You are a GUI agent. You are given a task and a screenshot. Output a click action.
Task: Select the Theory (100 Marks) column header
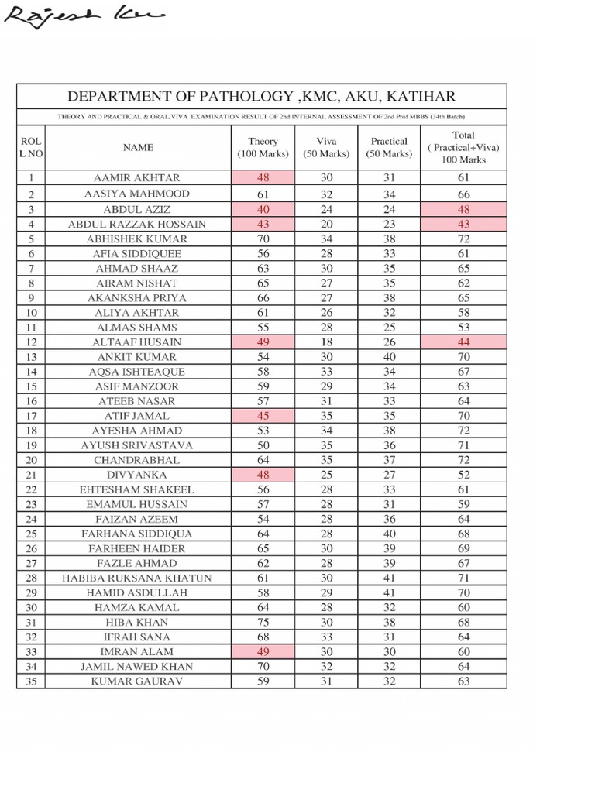pos(263,147)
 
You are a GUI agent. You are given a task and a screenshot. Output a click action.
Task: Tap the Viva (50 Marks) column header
pos(326,147)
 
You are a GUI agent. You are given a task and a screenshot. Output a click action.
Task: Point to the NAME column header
pos(138,147)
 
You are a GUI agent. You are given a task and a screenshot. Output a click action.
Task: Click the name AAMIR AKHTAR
pos(138,178)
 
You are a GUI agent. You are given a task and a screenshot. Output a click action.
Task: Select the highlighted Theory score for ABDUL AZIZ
pos(263,209)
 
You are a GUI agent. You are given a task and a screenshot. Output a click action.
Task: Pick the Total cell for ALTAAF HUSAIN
pos(463,342)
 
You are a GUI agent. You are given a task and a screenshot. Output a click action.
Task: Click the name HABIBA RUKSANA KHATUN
pos(138,578)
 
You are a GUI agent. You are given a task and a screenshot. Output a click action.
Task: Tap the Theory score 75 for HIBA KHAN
pos(263,622)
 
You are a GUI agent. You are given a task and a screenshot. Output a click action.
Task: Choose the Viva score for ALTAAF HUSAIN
pos(326,342)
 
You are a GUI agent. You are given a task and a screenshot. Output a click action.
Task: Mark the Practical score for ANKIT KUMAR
pos(389,357)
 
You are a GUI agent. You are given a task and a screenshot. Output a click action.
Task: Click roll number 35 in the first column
pos(31,681)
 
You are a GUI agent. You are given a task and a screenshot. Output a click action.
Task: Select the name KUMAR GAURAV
pos(138,681)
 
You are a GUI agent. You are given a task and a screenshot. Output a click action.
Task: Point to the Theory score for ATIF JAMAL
pos(263,416)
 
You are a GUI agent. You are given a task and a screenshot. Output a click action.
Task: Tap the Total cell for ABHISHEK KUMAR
pos(463,239)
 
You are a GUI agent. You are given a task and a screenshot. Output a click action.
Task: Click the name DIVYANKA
pos(138,475)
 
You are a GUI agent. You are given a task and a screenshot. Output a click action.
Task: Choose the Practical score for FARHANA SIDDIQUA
pos(389,534)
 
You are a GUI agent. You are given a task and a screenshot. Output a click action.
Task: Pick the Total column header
pos(463,147)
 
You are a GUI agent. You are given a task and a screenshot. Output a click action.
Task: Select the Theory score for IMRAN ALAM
pos(263,651)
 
